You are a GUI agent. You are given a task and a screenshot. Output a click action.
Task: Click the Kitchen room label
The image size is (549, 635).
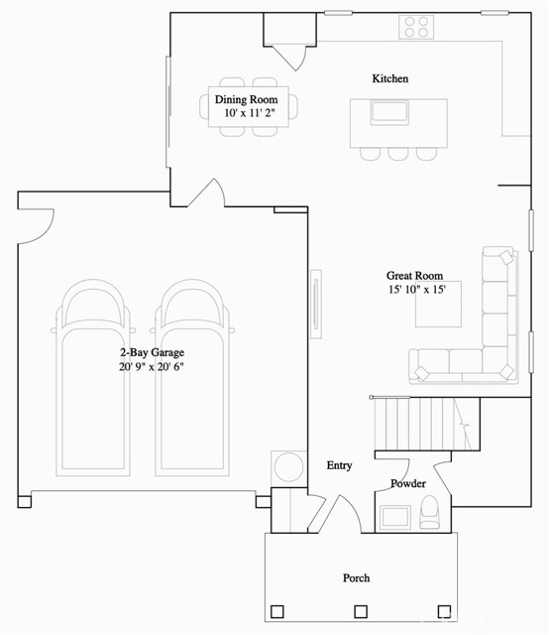click(389, 78)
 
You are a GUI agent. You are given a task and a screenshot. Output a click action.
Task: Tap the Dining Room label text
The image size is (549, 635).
click(246, 100)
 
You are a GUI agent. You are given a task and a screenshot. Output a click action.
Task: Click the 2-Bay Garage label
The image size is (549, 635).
click(152, 352)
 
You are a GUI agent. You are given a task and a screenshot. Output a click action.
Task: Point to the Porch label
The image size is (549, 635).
click(356, 577)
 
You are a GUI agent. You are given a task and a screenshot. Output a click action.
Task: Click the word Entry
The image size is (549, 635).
click(339, 465)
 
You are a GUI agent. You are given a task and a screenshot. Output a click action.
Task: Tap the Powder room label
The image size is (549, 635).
click(407, 484)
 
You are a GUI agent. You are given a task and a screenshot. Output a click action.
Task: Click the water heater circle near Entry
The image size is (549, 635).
click(287, 466)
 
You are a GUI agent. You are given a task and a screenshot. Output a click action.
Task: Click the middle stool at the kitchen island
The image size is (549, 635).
click(397, 154)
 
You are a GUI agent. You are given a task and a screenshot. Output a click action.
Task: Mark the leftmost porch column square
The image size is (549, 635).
click(277, 611)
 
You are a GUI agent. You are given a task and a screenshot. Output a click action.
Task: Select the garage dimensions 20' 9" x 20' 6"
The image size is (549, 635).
click(152, 366)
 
